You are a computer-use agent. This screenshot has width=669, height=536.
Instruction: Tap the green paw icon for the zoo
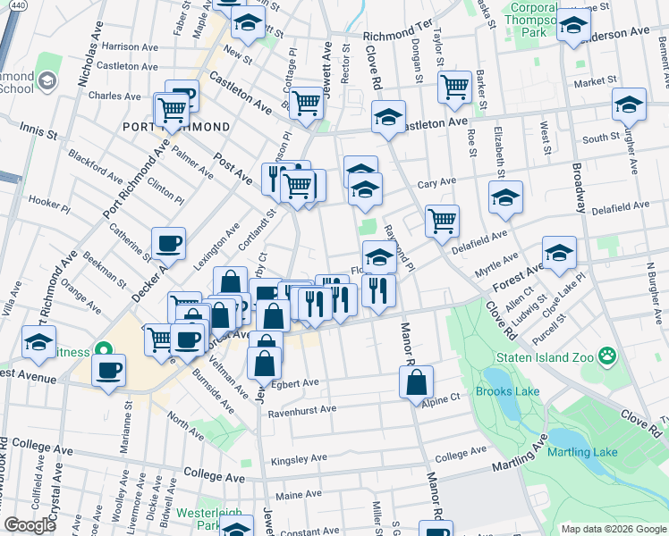(x=608, y=356)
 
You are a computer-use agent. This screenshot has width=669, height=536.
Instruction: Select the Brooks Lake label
(x=506, y=391)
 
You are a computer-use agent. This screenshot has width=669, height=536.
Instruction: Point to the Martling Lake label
(x=583, y=452)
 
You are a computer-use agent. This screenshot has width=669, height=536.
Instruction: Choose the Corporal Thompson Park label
(x=535, y=19)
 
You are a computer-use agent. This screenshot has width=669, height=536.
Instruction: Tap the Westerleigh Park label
(x=198, y=519)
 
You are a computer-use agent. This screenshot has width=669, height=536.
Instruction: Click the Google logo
(x=30, y=525)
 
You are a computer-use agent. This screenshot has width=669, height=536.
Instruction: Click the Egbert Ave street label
(x=297, y=383)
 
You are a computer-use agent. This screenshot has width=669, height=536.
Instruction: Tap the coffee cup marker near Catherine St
(x=168, y=243)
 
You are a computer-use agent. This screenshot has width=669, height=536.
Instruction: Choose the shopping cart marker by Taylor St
(x=455, y=88)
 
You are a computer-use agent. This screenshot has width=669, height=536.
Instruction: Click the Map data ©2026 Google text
(x=614, y=528)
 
